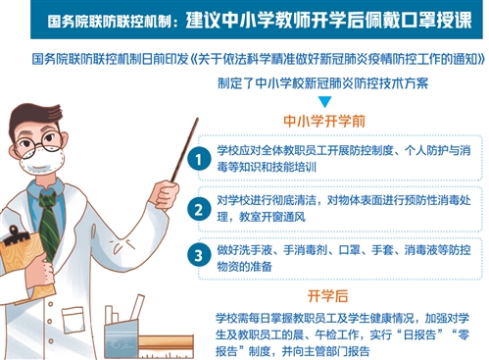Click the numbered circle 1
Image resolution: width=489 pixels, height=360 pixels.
[199, 159]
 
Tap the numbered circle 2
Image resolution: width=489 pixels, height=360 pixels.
[199, 209]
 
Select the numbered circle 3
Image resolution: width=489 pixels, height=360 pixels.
[199, 255]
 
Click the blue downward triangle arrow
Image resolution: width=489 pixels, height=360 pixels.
[325, 102]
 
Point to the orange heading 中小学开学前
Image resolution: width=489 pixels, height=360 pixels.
[324, 122]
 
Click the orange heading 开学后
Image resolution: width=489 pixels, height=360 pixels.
[327, 296]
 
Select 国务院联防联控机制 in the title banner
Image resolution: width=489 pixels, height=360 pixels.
[109, 22]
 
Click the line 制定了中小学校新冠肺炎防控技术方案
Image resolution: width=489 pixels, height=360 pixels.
[322, 83]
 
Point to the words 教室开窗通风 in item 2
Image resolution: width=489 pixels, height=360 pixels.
[272, 217]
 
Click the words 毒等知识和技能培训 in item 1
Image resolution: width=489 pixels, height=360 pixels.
[267, 167]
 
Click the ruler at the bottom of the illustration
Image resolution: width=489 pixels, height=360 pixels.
[166, 346]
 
